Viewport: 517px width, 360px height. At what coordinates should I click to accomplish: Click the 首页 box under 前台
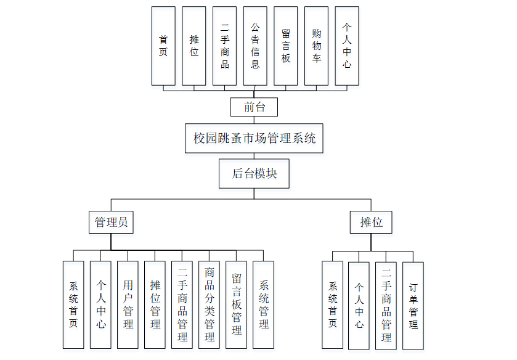click(x=163, y=46)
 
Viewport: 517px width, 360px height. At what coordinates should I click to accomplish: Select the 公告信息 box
click(x=255, y=46)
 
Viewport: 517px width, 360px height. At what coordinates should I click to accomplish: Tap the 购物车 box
click(x=316, y=46)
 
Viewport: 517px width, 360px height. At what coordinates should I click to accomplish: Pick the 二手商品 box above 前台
click(x=224, y=46)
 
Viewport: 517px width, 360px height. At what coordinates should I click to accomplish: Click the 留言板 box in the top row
click(x=285, y=46)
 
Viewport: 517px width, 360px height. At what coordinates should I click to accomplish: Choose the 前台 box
click(x=254, y=107)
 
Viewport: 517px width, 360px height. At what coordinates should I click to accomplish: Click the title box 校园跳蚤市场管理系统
click(x=254, y=138)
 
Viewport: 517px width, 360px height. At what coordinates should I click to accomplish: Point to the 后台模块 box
click(x=254, y=173)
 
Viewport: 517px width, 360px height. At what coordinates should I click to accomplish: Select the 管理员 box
click(x=111, y=222)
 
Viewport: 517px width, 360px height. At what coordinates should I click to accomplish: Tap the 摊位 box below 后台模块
click(x=371, y=222)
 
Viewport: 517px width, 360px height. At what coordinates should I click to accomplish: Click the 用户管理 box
click(x=128, y=305)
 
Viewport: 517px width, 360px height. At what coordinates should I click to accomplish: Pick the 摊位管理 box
click(x=155, y=305)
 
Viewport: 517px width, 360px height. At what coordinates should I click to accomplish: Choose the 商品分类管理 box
click(x=209, y=305)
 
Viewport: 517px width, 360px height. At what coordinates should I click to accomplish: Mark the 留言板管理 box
click(x=236, y=305)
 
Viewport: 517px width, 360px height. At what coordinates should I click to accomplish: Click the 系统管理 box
click(x=263, y=305)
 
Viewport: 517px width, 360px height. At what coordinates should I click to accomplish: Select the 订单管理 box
click(x=413, y=305)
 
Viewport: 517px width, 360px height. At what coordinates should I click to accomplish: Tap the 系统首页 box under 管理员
click(x=73, y=305)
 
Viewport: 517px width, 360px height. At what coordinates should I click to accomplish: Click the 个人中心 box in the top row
click(x=347, y=46)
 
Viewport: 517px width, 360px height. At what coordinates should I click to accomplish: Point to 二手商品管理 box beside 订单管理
click(x=386, y=305)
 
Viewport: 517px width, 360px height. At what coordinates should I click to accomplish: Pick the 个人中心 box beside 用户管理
click(x=100, y=305)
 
